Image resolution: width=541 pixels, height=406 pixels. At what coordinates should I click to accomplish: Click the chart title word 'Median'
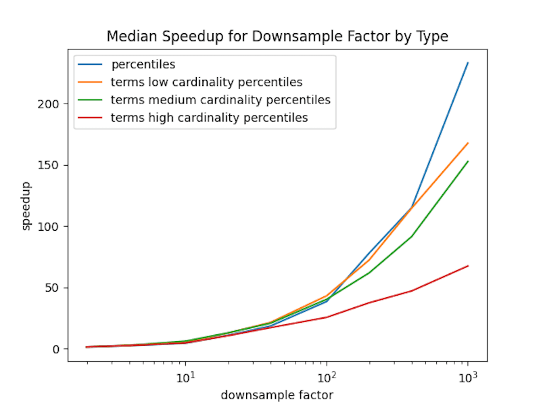click(128, 37)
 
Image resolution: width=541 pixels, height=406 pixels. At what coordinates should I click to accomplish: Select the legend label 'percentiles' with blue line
click(143, 65)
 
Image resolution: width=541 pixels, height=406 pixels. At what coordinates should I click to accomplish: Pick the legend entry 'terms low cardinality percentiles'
click(206, 83)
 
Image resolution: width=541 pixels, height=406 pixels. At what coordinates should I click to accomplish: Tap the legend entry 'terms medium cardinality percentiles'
click(220, 100)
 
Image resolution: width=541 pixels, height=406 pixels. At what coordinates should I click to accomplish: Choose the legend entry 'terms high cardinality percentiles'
click(209, 118)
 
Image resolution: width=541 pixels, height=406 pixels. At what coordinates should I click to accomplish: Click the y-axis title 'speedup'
click(26, 205)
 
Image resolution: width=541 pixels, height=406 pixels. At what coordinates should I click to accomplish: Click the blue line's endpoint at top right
click(468, 63)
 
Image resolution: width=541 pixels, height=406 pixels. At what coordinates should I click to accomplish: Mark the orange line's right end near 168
click(468, 143)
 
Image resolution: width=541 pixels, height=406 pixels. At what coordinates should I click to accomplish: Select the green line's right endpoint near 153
click(468, 162)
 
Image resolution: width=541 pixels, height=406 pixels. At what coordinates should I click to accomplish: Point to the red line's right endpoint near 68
click(468, 266)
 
